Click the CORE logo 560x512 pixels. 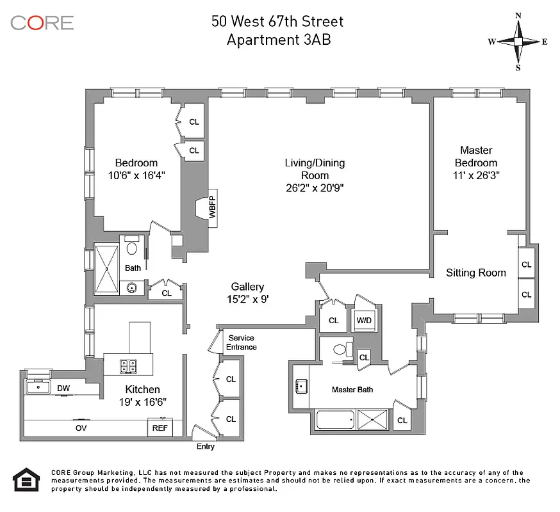[x=42, y=23]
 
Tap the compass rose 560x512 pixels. [x=518, y=42]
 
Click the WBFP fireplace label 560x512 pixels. [x=213, y=206]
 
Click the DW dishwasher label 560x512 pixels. [x=63, y=388]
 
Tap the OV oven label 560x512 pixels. [x=81, y=428]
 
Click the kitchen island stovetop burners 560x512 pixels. [x=128, y=366]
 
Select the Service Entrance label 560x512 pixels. [x=242, y=342]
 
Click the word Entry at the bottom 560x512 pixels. [x=206, y=447]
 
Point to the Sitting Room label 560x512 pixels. [x=475, y=273]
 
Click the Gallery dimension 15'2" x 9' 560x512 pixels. [x=247, y=298]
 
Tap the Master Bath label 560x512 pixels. [x=352, y=389]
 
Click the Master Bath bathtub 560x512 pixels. [x=335, y=420]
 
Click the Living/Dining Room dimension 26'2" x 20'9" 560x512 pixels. [x=315, y=188]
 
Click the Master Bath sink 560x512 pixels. [x=302, y=387]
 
